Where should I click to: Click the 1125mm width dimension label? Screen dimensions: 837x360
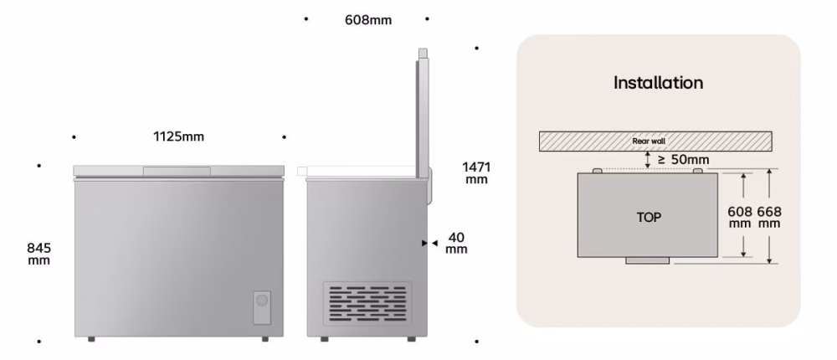pyautogui.click(x=178, y=136)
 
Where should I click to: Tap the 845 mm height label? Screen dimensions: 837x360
pyautogui.click(x=39, y=255)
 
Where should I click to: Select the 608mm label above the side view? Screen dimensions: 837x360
pyautogui.click(x=368, y=20)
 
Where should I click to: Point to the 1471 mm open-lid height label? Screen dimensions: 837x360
pyautogui.click(x=476, y=173)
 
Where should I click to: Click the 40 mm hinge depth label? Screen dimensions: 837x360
pyautogui.click(x=456, y=243)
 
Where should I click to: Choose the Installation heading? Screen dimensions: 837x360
pyautogui.click(x=658, y=83)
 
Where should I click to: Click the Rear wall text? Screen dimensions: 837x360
pyautogui.click(x=650, y=141)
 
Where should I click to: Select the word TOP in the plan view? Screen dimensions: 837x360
pyautogui.click(x=649, y=218)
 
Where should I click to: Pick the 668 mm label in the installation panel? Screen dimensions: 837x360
pyautogui.click(x=769, y=218)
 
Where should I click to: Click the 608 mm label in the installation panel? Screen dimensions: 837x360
pyautogui.click(x=740, y=218)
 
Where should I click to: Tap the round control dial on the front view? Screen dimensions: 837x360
pyautogui.click(x=261, y=301)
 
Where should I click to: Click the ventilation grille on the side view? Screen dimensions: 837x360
pyautogui.click(x=367, y=303)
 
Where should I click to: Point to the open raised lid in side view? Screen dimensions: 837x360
pyautogui.click(x=422, y=113)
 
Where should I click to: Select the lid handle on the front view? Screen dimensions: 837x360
pyautogui.click(x=177, y=172)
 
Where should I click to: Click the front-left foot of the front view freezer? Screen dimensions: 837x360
pyautogui.click(x=91, y=339)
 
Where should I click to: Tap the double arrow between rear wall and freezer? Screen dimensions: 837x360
pyautogui.click(x=648, y=160)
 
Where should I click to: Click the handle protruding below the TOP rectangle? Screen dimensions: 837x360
pyautogui.click(x=648, y=260)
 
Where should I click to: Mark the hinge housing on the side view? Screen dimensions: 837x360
pyautogui.click(x=429, y=186)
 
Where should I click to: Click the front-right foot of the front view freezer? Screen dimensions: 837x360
pyautogui.click(x=265, y=339)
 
